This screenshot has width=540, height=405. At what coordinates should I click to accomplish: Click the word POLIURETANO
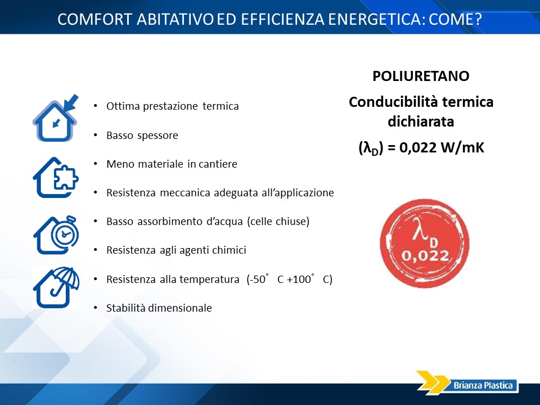(421, 76)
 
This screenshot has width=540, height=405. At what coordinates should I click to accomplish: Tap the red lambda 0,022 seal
(425, 243)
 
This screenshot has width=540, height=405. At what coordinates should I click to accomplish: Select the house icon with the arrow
(56, 118)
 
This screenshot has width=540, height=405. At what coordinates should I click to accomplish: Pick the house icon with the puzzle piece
(56, 178)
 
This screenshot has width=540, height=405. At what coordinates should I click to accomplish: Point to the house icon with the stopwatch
(56, 235)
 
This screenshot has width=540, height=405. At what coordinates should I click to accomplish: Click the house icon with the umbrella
(56, 287)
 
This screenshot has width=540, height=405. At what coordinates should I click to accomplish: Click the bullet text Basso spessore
(142, 136)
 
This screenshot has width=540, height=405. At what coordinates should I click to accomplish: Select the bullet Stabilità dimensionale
(159, 308)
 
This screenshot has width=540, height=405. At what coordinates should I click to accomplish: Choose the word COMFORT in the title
(94, 19)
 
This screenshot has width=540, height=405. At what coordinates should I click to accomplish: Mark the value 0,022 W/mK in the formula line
(442, 147)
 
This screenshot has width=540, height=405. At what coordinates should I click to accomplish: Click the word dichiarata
(421, 121)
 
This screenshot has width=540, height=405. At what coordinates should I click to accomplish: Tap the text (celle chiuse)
(278, 222)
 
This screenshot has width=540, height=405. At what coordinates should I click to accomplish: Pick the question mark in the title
(478, 19)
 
